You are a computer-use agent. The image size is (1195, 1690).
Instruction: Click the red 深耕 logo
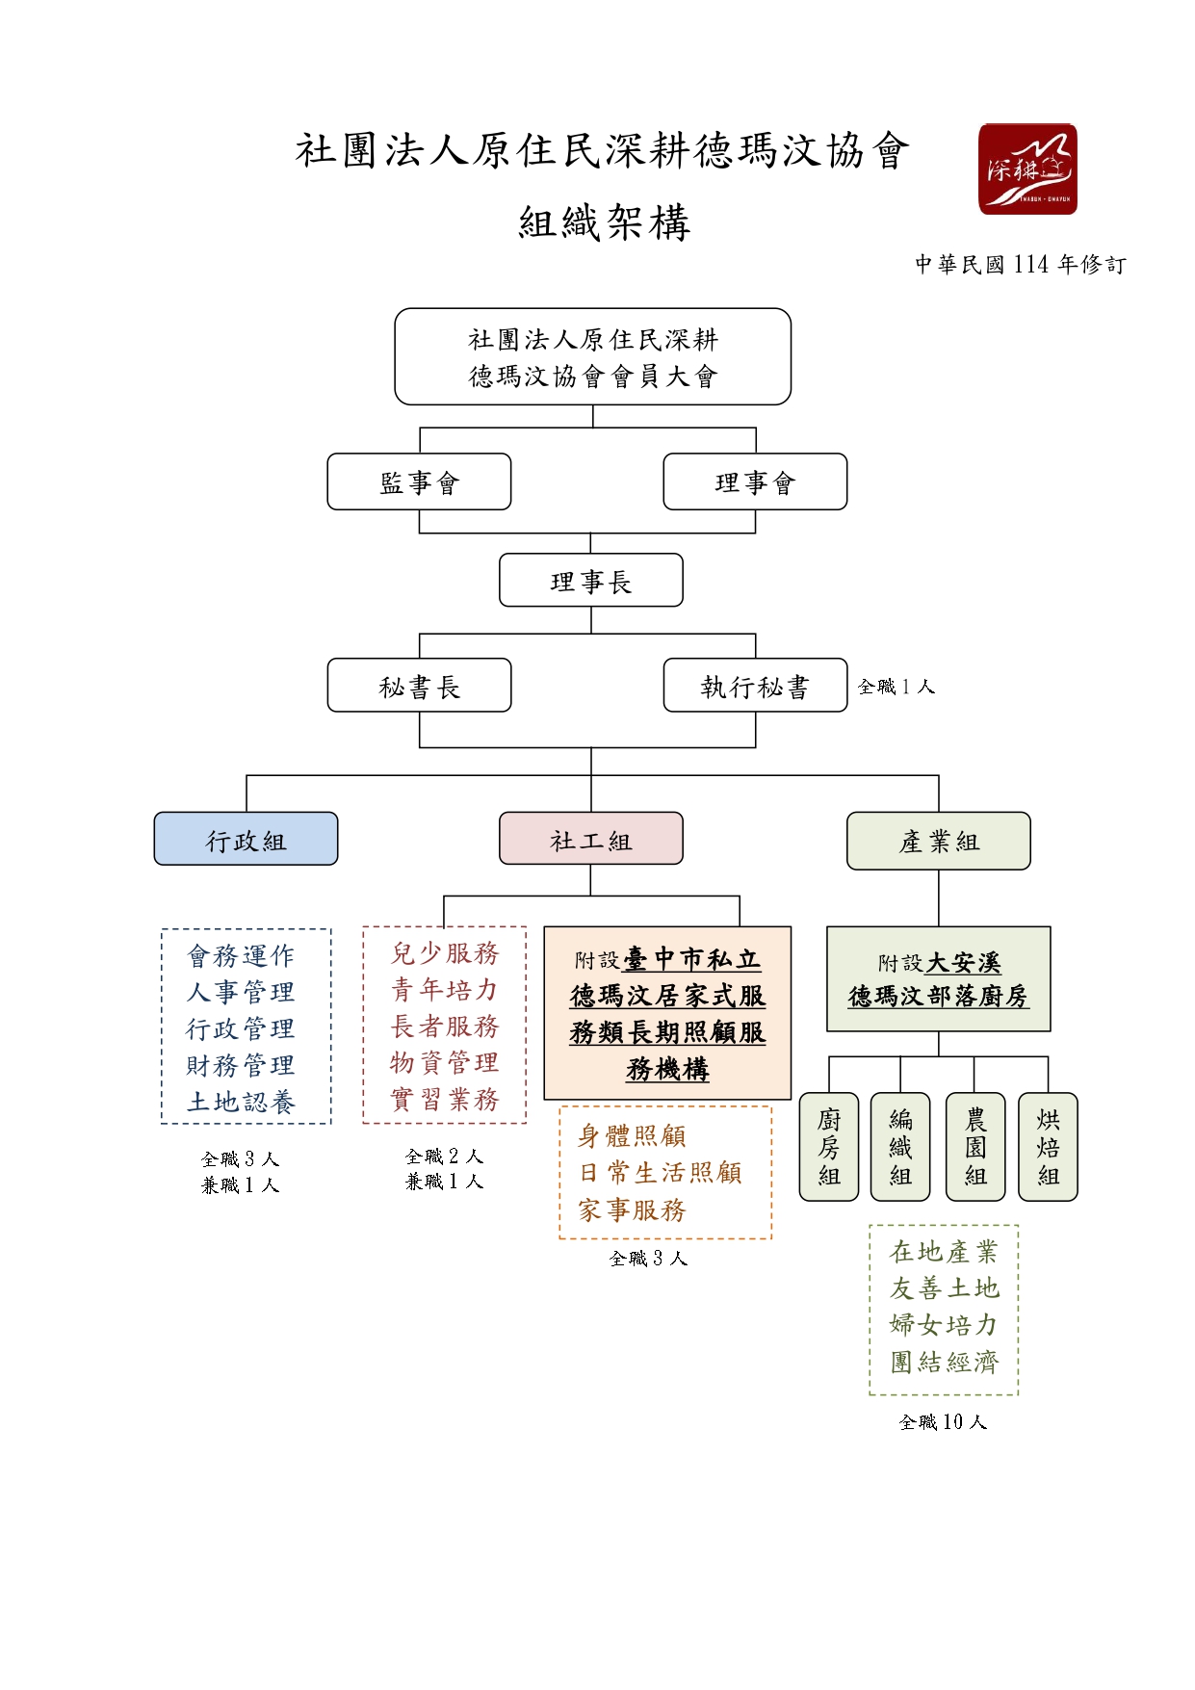point(1026,169)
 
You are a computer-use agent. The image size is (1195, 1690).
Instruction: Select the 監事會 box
point(419,481)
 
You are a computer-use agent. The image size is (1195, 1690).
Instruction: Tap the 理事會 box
point(755,481)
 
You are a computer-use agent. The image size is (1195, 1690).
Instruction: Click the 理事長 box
point(590,581)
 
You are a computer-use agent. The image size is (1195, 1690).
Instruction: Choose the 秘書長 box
point(419,686)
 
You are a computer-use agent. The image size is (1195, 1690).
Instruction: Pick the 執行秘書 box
point(755,686)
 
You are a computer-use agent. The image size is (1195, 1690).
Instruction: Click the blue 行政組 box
point(246,840)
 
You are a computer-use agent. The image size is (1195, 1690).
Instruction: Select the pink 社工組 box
point(590,840)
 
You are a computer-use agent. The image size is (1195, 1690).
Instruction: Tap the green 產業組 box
point(938,840)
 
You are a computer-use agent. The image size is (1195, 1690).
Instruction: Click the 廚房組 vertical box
point(828,1147)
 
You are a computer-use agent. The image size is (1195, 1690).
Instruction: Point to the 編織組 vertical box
point(900,1147)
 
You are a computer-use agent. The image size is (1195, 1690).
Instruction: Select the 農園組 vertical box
point(974,1147)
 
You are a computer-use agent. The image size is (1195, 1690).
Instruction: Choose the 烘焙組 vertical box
point(1048,1147)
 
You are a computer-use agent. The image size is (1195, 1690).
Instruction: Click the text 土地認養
point(241,1103)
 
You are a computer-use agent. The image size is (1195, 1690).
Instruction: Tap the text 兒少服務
point(445,953)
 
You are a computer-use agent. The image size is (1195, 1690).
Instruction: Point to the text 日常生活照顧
point(661,1173)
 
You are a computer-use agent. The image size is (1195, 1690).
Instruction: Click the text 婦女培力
point(944,1325)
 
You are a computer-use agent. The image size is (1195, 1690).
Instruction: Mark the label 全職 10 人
point(943,1422)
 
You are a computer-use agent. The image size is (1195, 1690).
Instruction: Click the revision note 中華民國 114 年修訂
point(1020,265)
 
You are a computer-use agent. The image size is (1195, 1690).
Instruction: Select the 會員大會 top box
point(592,356)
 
